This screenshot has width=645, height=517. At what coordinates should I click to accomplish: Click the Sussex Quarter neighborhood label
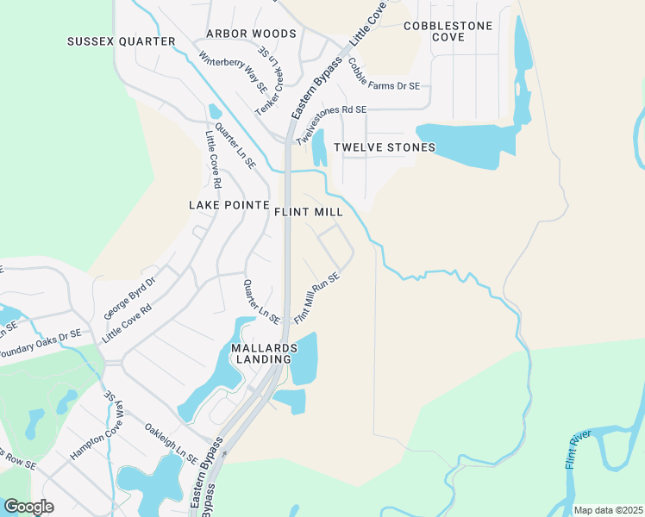[122, 41]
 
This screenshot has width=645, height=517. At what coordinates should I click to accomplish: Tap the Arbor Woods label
[251, 34]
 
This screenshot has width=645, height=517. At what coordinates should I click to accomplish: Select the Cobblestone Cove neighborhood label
[448, 31]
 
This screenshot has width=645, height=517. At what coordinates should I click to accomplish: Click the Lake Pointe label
[223, 204]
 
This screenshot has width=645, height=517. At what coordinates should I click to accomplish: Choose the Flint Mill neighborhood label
[309, 211]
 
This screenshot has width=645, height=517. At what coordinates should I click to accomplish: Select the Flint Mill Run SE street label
[317, 298]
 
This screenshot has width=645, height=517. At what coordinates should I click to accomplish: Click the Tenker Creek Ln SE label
[269, 87]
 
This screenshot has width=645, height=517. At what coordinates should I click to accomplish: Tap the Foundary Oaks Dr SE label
[39, 343]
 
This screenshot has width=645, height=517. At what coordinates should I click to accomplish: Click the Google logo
[28, 507]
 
